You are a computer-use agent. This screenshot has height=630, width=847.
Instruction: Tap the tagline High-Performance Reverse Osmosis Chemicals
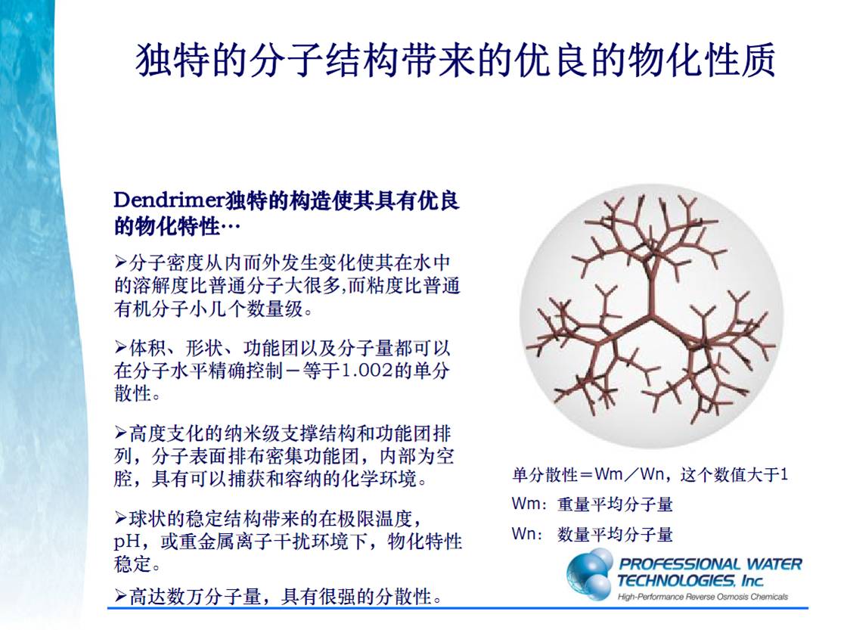click(x=703, y=597)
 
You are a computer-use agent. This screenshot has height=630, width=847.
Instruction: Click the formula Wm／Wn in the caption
click(x=629, y=474)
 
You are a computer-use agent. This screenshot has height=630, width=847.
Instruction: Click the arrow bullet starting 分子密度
click(x=120, y=262)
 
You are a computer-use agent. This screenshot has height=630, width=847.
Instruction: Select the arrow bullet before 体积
click(x=120, y=347)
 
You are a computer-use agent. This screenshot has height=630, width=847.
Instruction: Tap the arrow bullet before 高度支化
click(x=120, y=433)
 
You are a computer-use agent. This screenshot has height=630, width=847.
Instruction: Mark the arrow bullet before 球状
click(x=120, y=519)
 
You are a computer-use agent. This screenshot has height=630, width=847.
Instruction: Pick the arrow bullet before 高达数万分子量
click(x=120, y=596)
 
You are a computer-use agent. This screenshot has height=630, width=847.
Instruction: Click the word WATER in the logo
click(x=774, y=564)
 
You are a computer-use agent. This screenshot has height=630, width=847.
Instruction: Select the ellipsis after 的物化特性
click(x=231, y=227)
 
